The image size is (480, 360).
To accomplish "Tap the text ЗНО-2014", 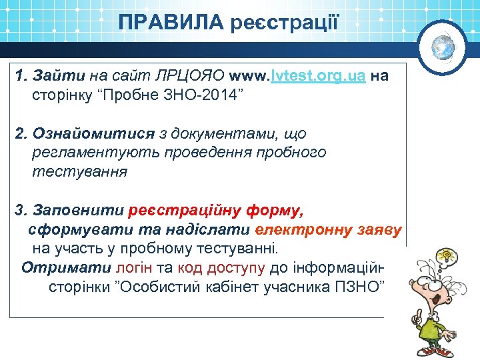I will [x=208, y=95].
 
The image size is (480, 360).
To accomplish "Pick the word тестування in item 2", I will [x=79, y=172].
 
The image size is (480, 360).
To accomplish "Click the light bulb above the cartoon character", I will [x=445, y=256].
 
